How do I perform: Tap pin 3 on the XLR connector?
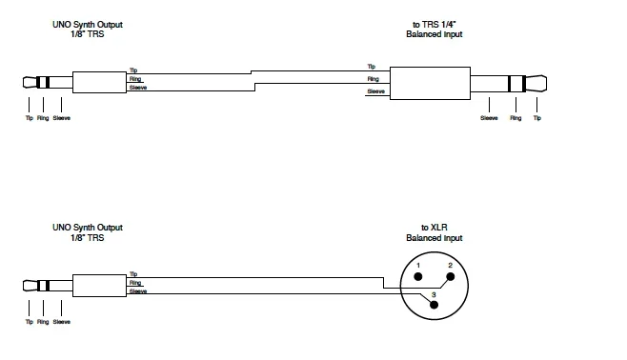point(434,296)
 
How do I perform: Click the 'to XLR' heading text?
point(434,228)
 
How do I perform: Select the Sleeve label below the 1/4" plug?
point(490,118)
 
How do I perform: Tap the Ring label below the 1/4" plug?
point(516,118)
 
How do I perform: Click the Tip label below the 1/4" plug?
point(537,118)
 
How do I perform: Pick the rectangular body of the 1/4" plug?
point(432,80)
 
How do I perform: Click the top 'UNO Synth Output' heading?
point(88,23)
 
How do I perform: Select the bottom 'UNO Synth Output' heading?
point(88,228)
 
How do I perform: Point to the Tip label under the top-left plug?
point(29,118)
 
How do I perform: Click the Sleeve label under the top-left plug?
point(62,118)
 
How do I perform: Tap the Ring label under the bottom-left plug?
point(42,323)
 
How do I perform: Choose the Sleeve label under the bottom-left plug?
point(62,323)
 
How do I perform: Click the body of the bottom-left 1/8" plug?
point(99,283)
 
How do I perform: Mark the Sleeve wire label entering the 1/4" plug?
point(376,93)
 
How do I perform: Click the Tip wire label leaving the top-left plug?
point(133,70)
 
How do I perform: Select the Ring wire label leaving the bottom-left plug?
point(134,283)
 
